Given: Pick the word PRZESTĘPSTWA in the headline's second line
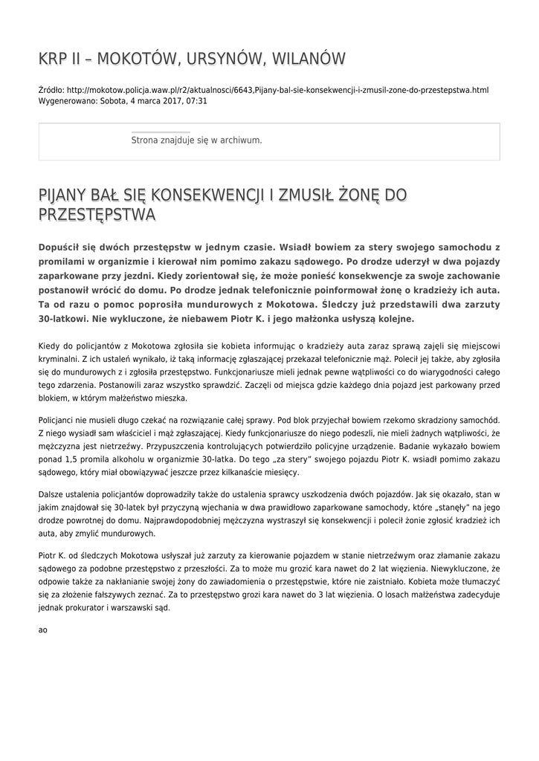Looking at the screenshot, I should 97,216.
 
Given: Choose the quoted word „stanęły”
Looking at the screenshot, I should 449,507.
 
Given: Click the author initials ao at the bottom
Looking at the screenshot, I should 42,630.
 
